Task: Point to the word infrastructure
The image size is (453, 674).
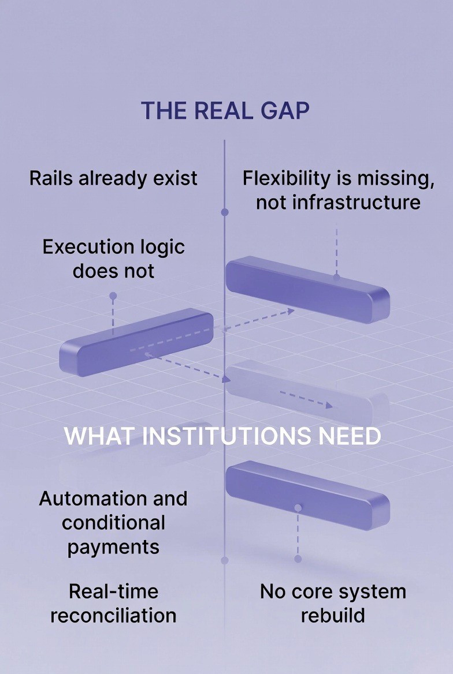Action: click(x=338, y=203)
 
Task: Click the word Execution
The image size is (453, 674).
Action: click(x=79, y=247)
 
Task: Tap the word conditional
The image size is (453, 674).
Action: click(x=113, y=523)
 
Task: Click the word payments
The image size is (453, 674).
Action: click(x=113, y=547)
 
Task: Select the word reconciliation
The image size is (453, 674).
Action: click(x=113, y=615)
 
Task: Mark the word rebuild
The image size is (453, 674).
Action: click(x=333, y=615)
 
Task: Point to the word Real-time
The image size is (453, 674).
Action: click(x=113, y=591)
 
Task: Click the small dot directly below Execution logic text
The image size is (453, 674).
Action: click(x=113, y=296)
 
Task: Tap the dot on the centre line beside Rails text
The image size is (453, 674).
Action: click(x=225, y=212)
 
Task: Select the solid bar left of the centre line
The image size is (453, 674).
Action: click(x=136, y=342)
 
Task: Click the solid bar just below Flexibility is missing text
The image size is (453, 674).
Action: click(x=307, y=289)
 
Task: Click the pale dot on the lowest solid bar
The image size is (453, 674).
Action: click(x=298, y=508)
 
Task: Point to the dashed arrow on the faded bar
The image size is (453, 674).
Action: click(x=306, y=399)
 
